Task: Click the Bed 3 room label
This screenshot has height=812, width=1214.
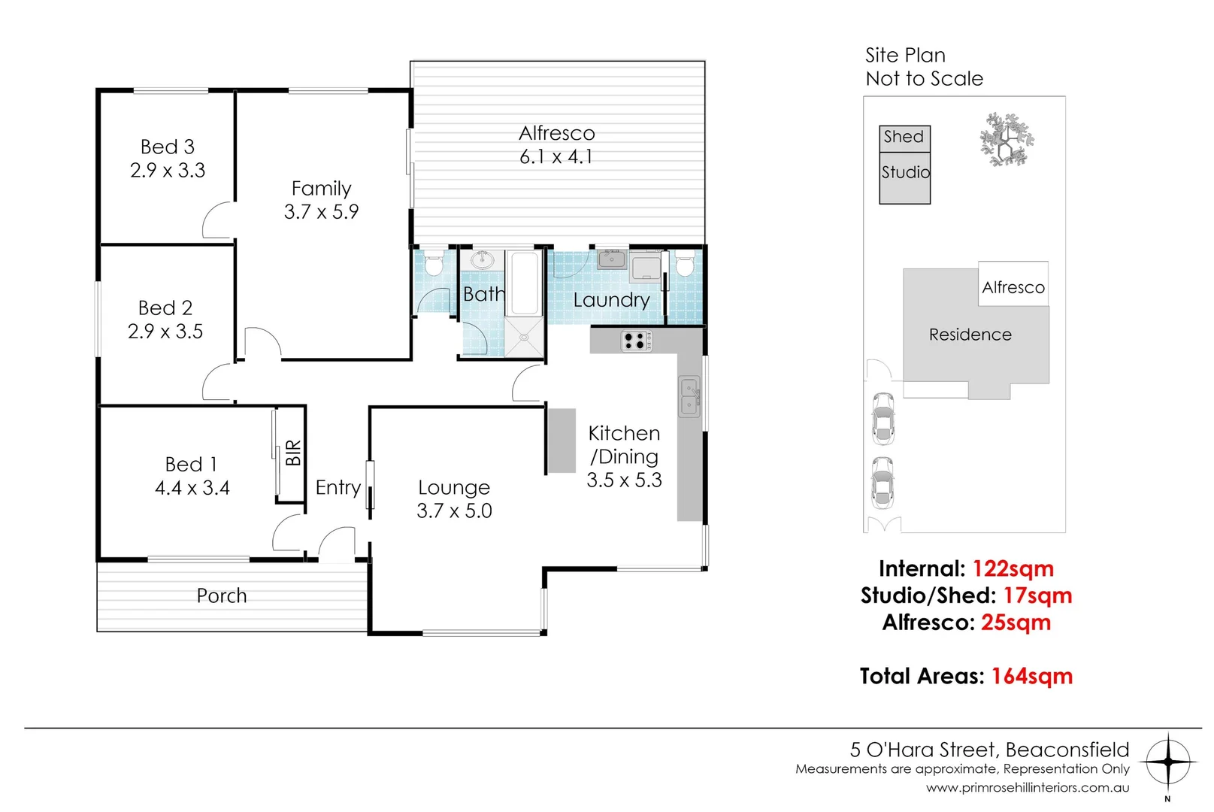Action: coord(167,147)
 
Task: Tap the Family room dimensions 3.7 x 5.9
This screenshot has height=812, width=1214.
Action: coord(321,212)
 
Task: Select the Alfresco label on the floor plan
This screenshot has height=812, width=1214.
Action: coord(556,133)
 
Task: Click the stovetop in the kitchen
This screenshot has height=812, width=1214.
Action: coord(637,341)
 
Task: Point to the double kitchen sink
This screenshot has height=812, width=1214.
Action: coord(689,398)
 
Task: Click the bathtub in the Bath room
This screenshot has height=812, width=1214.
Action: coord(524,283)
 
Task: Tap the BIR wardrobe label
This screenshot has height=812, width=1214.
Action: coord(293,453)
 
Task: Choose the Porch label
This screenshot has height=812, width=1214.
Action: coord(221,595)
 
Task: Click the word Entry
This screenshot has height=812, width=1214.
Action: coord(338,487)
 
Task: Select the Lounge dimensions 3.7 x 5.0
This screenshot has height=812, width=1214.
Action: coord(454,511)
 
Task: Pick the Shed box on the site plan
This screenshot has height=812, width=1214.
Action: coord(904,138)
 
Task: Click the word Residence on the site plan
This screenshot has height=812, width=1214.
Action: coord(970,335)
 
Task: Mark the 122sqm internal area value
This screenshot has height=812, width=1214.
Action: coord(1013,568)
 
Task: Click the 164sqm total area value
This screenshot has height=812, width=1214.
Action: coord(1031,676)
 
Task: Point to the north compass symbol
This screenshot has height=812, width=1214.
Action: coord(1167,762)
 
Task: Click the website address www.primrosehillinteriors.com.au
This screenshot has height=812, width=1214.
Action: coord(1027,788)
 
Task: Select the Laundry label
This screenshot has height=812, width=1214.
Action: coord(610,300)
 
